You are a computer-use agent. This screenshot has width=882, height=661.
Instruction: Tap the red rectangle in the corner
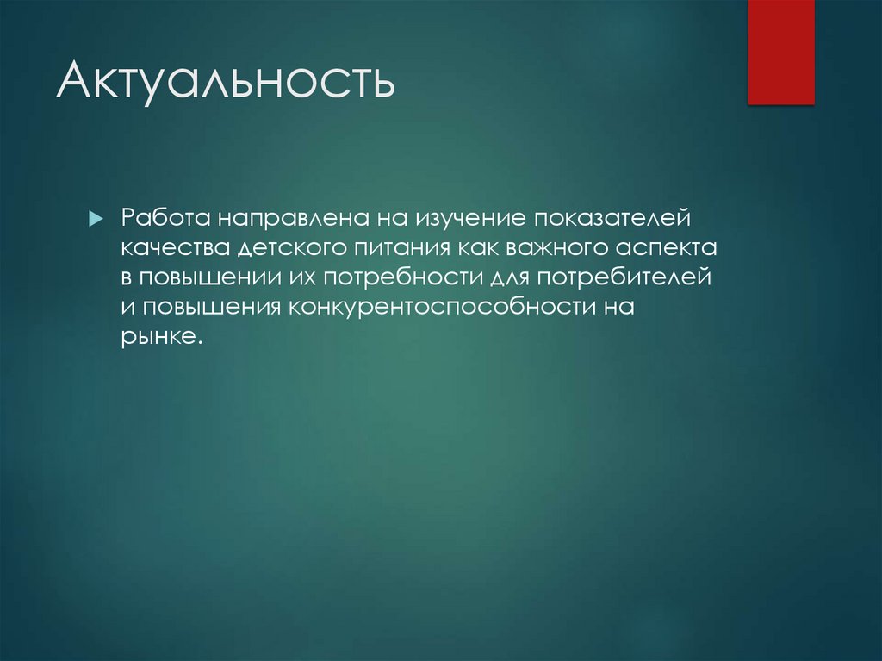tap(780, 52)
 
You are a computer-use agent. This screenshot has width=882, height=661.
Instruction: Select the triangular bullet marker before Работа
tap(96, 219)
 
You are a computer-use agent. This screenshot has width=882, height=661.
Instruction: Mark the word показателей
tap(612, 218)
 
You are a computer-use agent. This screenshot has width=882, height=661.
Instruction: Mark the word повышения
tap(209, 308)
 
